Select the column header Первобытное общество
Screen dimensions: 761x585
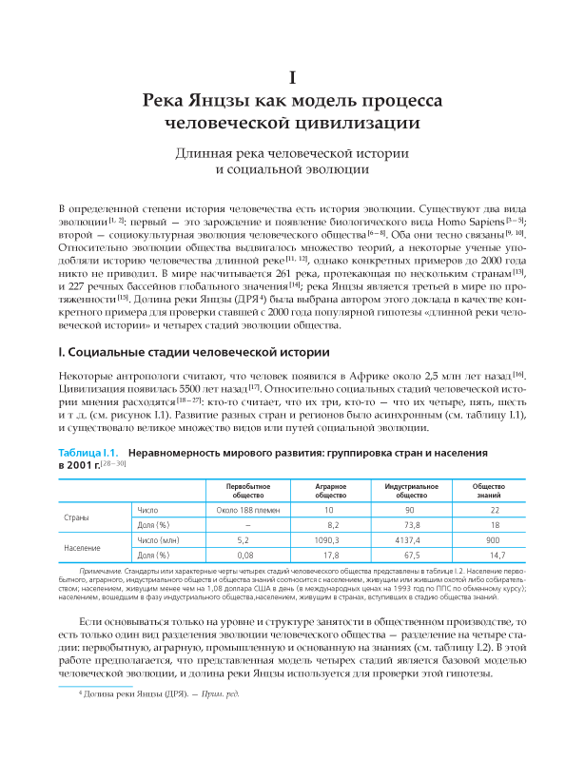tap(248, 490)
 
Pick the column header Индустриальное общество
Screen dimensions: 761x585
tap(412, 490)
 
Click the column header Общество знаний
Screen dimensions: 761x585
tap(495, 490)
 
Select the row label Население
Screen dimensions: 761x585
tap(81, 547)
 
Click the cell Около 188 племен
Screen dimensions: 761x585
tap(248, 510)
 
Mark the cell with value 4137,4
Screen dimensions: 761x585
tap(412, 539)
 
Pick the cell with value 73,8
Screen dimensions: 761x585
tap(412, 525)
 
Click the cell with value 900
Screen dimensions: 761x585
tap(495, 539)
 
